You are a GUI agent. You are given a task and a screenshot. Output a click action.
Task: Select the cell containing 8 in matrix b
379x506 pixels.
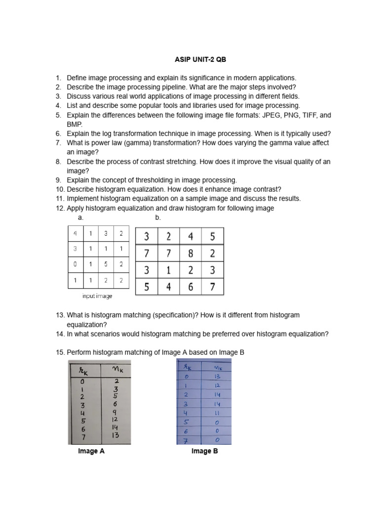[190, 253]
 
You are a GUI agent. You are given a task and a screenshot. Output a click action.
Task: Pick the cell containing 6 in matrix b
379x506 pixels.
[190, 287]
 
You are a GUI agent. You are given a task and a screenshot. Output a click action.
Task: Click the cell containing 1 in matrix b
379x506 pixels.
[168, 270]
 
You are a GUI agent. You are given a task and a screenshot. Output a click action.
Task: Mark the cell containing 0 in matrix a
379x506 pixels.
[76, 264]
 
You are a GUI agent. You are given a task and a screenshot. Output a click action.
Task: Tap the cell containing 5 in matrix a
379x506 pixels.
[106, 264]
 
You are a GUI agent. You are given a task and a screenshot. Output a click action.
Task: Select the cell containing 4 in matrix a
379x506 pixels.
[76, 234]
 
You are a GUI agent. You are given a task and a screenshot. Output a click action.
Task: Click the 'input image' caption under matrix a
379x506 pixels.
[97, 296]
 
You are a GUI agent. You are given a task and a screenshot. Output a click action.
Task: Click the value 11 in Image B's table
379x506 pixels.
[217, 413]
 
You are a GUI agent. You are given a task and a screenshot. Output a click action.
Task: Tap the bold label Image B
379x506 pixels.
[205, 451]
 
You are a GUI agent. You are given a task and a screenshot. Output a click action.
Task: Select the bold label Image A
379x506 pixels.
[91, 451]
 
